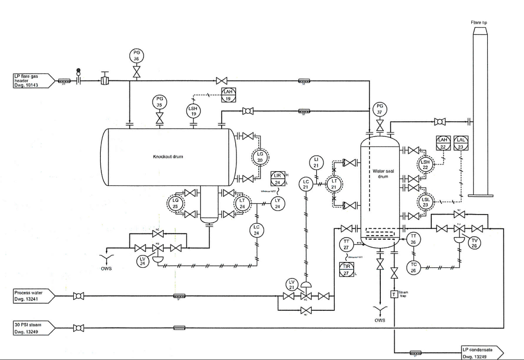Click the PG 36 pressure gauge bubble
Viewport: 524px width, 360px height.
click(136, 56)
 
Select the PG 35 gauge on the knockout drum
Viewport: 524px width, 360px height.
click(159, 101)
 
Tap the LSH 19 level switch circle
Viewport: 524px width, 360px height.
click(193, 111)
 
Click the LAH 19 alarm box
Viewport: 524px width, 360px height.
click(228, 95)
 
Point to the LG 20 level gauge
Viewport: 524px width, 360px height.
click(259, 157)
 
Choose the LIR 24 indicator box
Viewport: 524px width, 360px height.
click(278, 179)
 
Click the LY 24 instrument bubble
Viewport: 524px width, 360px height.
click(278, 203)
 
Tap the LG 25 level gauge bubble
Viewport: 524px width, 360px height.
click(176, 204)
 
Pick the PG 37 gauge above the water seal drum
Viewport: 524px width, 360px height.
click(380, 109)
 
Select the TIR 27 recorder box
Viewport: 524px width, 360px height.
click(346, 270)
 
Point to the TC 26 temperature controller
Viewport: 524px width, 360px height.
click(413, 267)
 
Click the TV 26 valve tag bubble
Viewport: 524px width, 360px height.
click(474, 243)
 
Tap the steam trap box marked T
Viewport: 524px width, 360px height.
click(394, 294)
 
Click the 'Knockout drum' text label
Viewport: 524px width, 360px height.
click(168, 156)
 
